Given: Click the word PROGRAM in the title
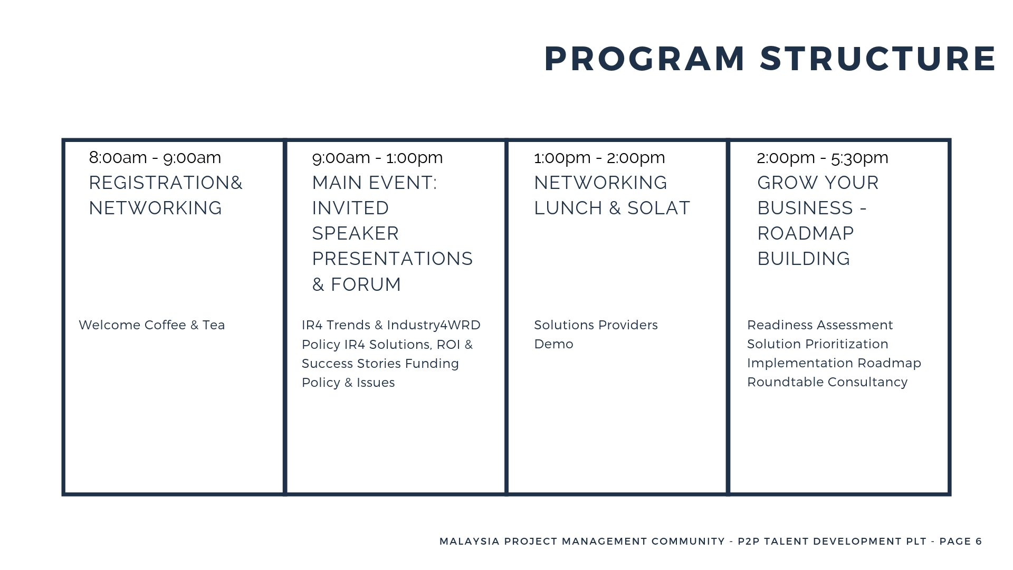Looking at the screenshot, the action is click(645, 59).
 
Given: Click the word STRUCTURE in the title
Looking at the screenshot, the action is click(878, 59).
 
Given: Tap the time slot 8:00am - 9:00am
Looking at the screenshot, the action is click(155, 157).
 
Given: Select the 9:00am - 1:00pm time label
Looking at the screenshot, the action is click(377, 157).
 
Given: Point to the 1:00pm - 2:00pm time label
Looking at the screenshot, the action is click(599, 157).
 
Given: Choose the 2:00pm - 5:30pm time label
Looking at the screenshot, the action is click(823, 157).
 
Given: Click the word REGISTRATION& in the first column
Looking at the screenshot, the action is click(166, 183).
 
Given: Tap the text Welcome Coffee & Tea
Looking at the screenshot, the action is click(152, 325).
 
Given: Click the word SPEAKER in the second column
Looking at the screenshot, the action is click(356, 233).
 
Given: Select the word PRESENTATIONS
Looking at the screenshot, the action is click(393, 259).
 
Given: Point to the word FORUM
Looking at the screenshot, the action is click(366, 284).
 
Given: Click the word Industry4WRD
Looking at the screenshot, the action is click(434, 325).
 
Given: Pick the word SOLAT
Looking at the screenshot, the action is click(658, 208).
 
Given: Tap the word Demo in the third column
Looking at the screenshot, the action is click(553, 344).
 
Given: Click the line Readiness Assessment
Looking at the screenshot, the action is click(820, 325).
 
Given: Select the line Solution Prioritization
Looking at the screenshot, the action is click(818, 344).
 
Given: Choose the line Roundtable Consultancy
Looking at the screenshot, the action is click(827, 382).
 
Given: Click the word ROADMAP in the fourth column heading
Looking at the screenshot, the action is click(806, 233).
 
